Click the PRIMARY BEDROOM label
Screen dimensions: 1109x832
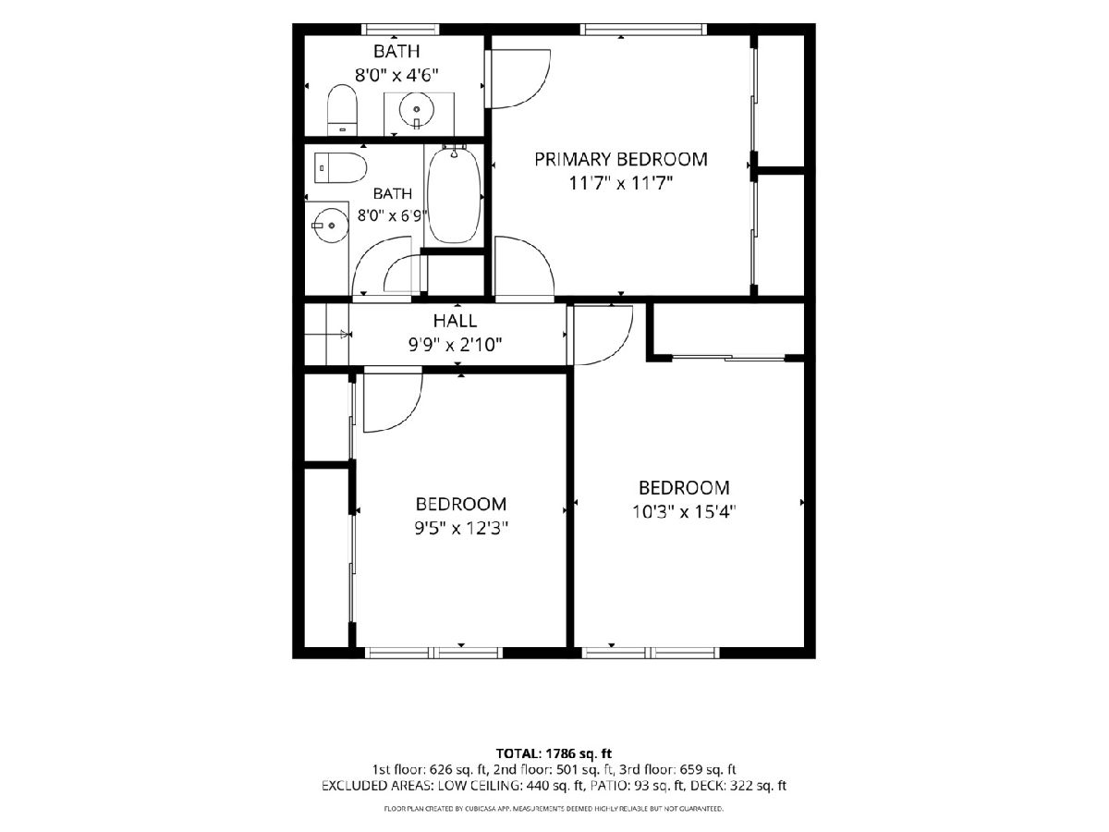point(620,159)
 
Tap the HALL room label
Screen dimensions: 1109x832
point(455,321)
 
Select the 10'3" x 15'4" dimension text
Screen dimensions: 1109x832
point(684,512)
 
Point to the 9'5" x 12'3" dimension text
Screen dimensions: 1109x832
point(461,529)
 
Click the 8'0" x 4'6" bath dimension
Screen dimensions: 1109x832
point(396,75)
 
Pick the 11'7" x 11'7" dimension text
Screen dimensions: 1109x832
point(621,183)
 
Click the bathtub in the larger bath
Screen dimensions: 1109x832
point(454,194)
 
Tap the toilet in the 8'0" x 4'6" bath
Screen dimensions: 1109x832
point(342,110)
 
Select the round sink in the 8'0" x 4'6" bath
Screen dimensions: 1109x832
point(416,109)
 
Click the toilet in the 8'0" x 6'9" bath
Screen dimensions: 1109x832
point(339,167)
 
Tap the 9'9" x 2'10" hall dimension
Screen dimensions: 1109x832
point(455,345)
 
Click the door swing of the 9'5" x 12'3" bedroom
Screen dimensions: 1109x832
point(393,401)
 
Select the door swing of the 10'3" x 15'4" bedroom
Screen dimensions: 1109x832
point(603,335)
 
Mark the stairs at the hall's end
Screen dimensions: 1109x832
point(327,334)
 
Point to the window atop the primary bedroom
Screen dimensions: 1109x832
point(643,30)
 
